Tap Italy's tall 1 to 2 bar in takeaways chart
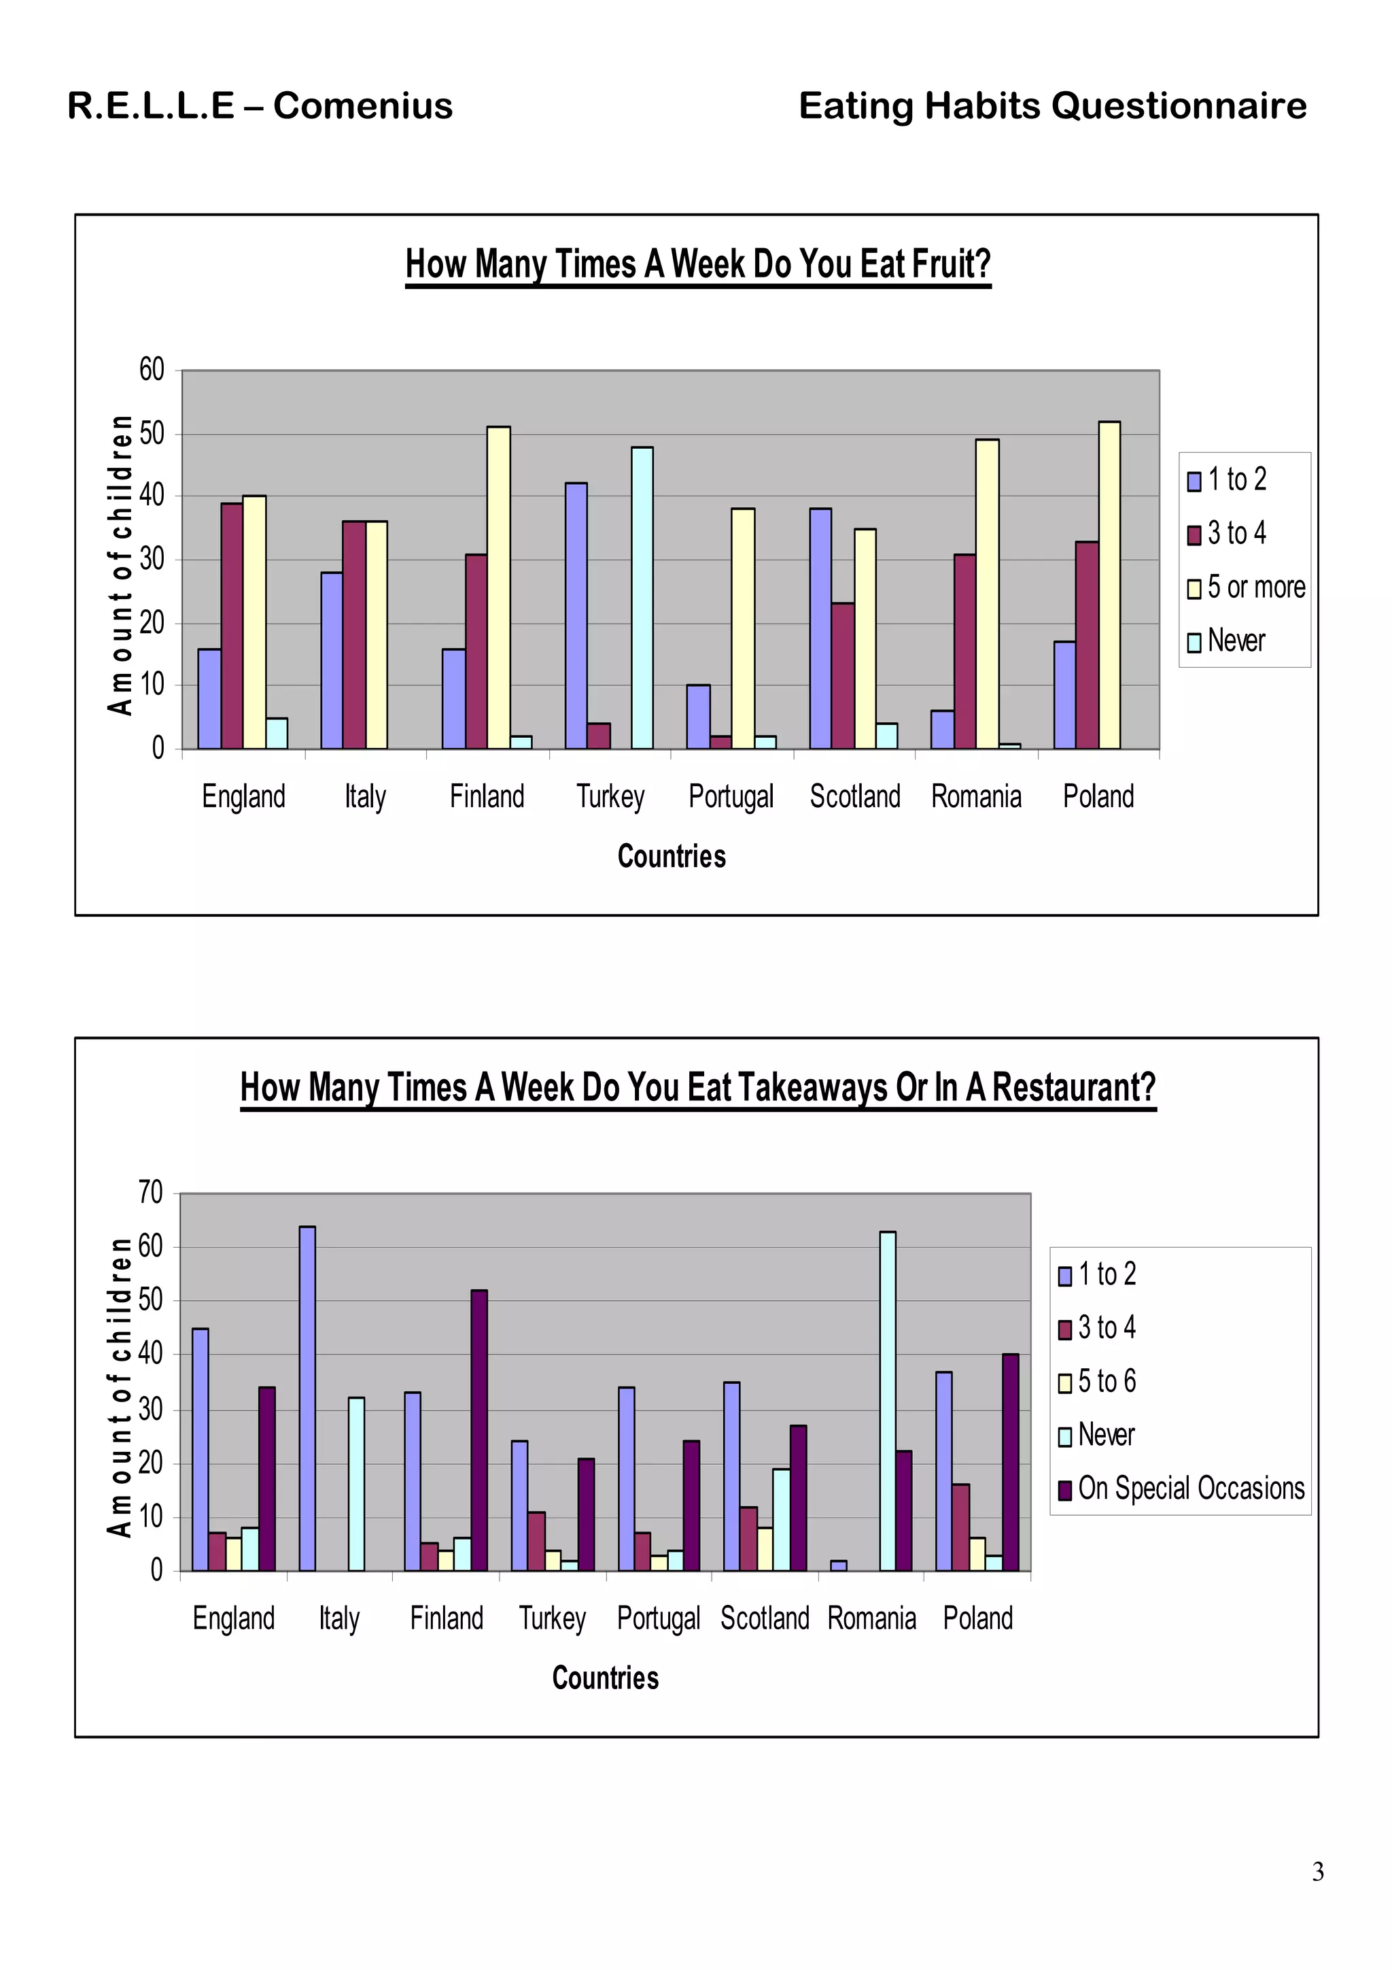tap(307, 1399)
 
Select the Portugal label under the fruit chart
tap(731, 796)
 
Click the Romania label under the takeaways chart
tap(871, 1618)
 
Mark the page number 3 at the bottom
tap(1317, 1871)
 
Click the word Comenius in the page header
tap(363, 106)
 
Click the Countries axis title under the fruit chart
tap(672, 855)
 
